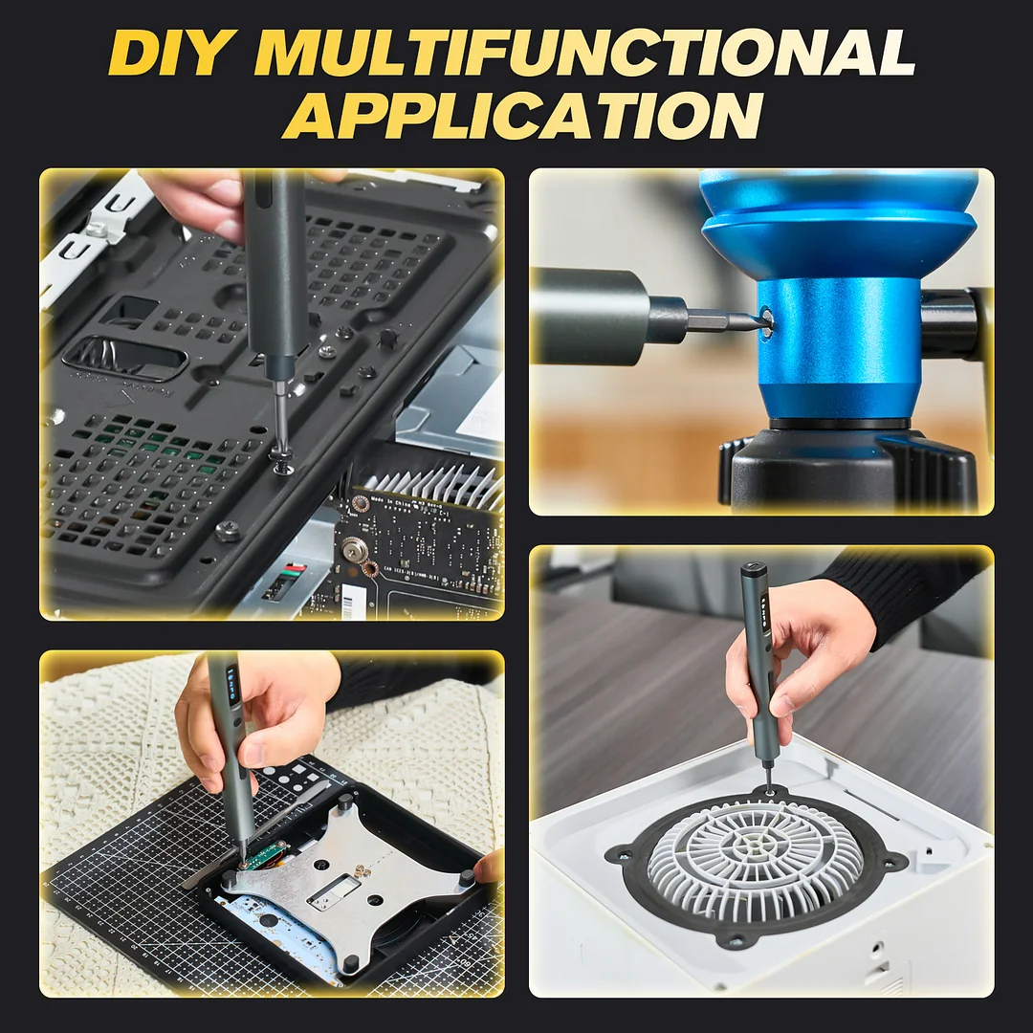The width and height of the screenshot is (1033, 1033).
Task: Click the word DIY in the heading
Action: pos(171,53)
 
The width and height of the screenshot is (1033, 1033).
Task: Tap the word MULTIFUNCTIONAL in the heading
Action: pos(585,53)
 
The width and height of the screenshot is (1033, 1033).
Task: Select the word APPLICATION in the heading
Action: pos(522,116)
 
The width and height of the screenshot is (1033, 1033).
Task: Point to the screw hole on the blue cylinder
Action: pos(766,320)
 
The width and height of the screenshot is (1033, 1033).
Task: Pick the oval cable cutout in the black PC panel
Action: pos(125,359)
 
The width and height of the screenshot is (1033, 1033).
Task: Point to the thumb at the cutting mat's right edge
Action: pos(489,867)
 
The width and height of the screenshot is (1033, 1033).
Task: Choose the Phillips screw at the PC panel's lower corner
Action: pos(228,530)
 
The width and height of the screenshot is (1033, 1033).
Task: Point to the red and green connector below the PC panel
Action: pos(293,572)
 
